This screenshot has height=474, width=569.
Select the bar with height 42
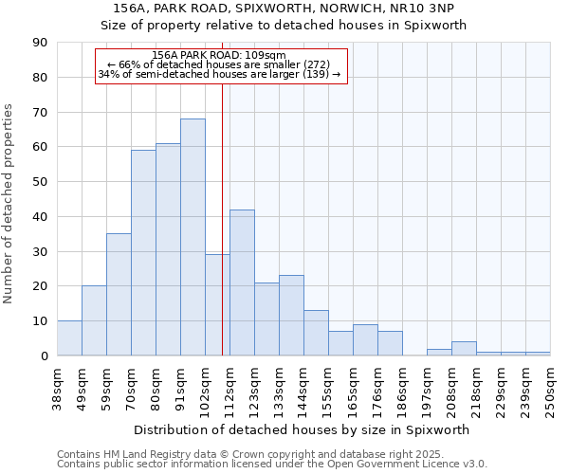click(x=242, y=283)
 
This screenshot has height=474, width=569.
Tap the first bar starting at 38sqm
click(x=69, y=338)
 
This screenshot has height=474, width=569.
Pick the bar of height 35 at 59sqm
click(x=119, y=295)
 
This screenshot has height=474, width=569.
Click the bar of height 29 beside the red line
click(x=217, y=305)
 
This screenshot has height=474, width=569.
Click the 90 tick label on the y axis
click(x=40, y=43)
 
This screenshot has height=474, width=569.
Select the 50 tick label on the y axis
click(x=40, y=182)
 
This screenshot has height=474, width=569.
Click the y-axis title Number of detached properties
click(x=9, y=204)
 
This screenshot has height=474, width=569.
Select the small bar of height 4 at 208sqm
click(x=464, y=348)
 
